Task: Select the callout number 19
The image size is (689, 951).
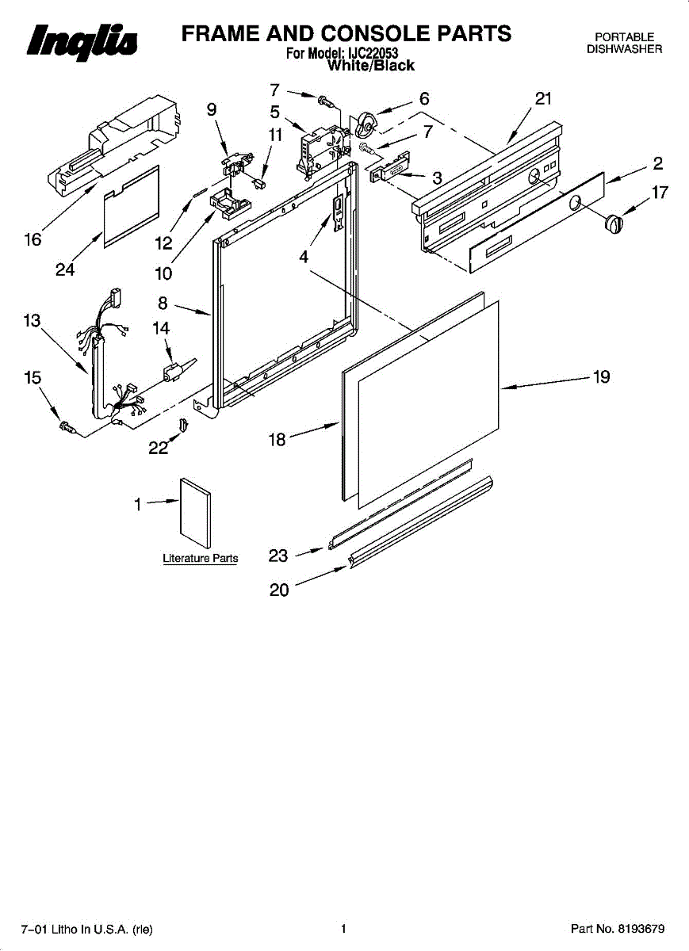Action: pos(602,377)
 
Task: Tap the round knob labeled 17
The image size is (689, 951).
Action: pos(613,223)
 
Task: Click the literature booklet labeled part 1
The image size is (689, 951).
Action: pos(197,513)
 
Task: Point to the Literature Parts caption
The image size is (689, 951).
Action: pos(200,559)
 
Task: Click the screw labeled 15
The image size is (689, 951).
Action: pos(67,428)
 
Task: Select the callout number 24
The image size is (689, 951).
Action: pos(65,270)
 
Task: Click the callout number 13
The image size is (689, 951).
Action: pos(32,321)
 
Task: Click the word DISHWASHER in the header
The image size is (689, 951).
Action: pos(624,49)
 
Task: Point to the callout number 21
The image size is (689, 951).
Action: pos(542,98)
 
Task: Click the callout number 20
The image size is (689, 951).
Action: pos(280,590)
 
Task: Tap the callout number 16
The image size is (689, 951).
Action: pos(33,239)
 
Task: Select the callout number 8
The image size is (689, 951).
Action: pos(163,301)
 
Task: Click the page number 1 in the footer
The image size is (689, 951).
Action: pos(344,929)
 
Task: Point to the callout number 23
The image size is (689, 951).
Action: pos(278,556)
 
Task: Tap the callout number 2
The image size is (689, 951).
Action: pos(657,164)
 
